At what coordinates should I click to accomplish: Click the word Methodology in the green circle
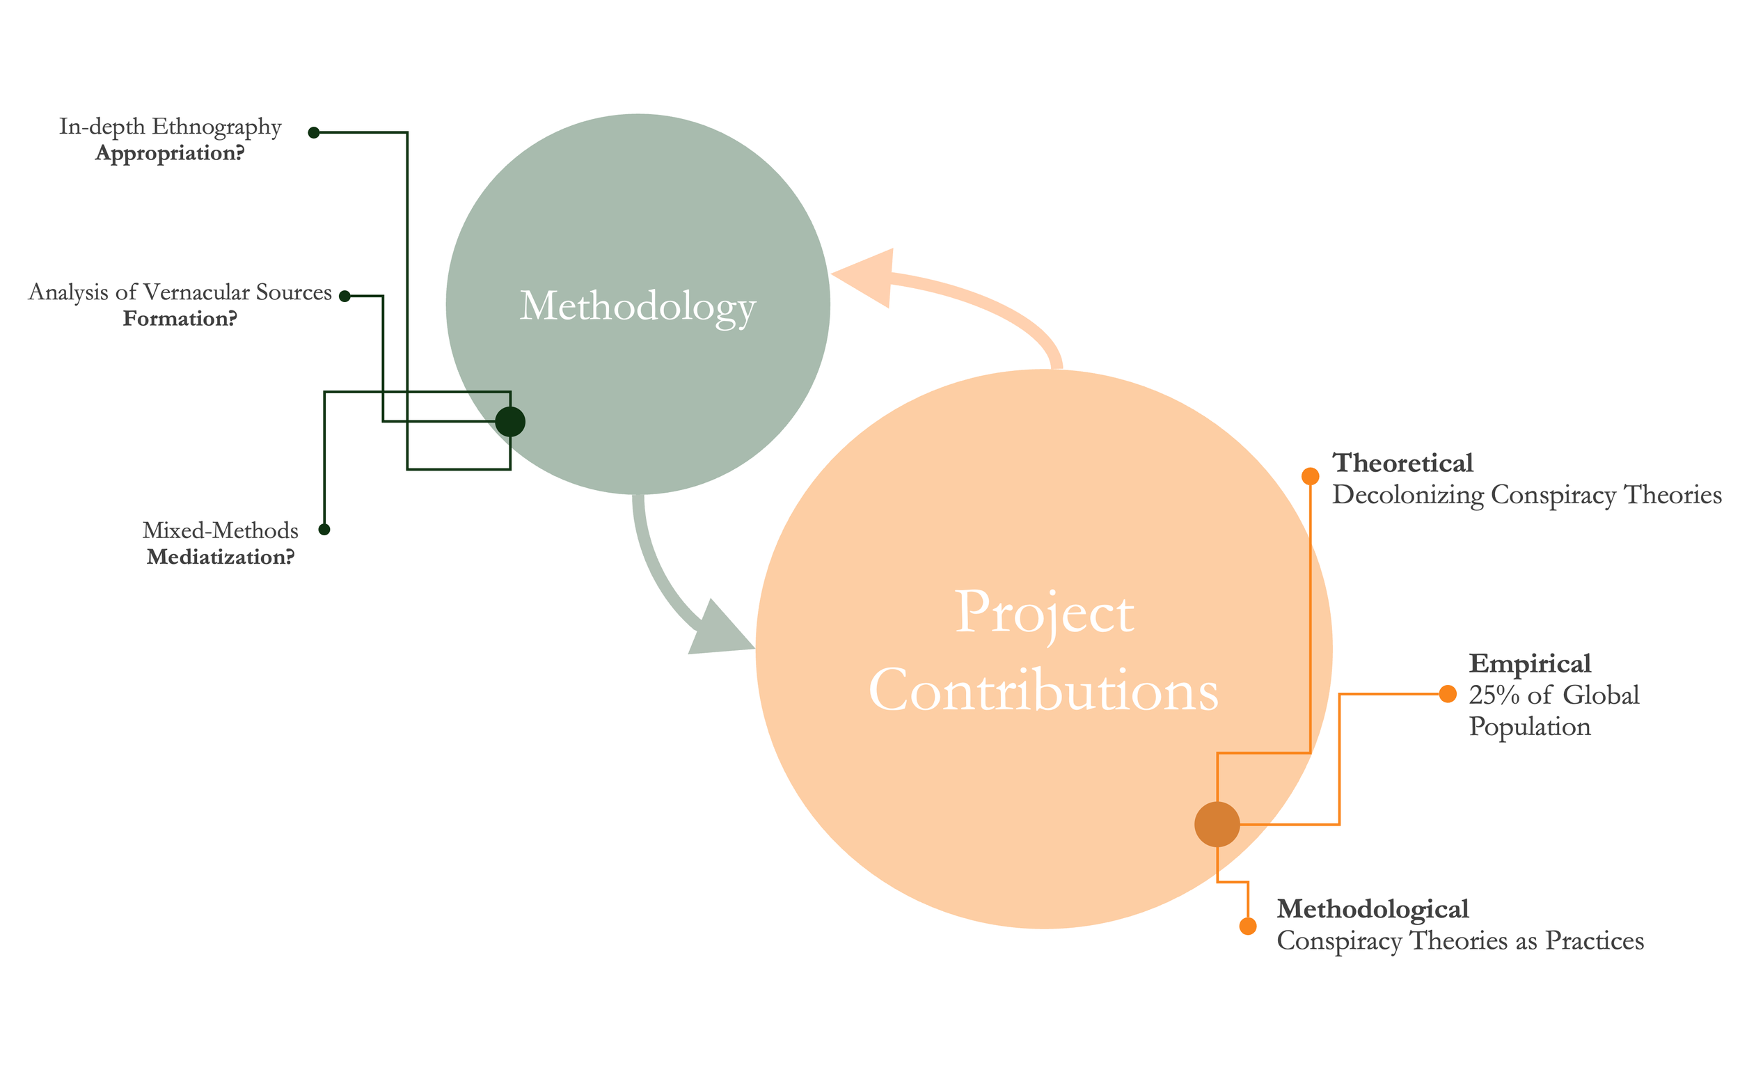tap(638, 306)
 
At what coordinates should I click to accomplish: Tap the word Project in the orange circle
tap(1045, 613)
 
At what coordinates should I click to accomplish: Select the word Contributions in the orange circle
tap(1044, 691)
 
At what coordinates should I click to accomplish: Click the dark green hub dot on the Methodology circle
tap(510, 422)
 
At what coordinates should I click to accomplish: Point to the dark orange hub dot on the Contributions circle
tap(1217, 825)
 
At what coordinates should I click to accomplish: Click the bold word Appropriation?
tap(170, 153)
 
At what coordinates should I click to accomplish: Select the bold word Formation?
tap(180, 319)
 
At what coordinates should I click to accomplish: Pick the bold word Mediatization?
tap(221, 557)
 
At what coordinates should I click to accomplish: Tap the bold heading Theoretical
tap(1402, 463)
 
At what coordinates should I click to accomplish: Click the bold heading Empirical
tap(1529, 663)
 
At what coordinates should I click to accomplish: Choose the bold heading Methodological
tap(1373, 909)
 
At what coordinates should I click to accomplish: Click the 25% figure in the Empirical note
tap(1494, 695)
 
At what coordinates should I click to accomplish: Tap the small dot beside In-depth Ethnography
tap(314, 132)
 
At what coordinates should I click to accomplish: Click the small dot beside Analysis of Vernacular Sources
tap(345, 296)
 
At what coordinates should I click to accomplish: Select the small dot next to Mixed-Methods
tap(324, 530)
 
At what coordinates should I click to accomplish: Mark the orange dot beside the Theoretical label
tap(1310, 476)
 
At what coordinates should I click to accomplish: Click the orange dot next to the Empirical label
tap(1448, 694)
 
